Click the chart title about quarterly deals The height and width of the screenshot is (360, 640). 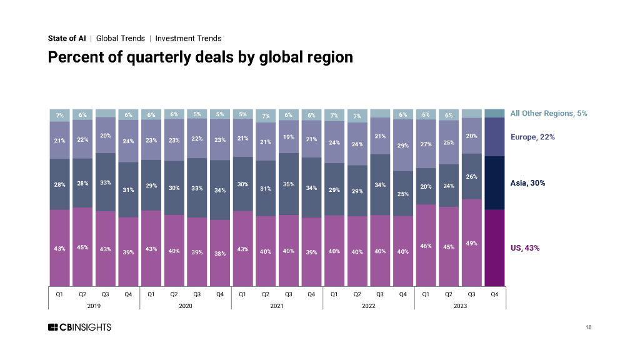201,57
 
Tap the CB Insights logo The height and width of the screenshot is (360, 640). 79,327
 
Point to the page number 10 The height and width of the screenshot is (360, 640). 589,327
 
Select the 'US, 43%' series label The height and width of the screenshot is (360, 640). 525,248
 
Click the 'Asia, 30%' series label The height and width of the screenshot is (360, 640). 528,183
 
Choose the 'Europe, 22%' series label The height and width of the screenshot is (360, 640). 532,137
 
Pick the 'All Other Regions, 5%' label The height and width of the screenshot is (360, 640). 548,113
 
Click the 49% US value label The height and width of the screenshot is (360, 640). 471,243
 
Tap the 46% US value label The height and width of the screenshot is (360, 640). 426,246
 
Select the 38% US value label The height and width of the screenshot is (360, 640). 220,253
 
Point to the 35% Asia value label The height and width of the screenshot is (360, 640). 288,184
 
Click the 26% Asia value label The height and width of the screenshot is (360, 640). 471,177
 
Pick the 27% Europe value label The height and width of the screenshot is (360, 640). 426,143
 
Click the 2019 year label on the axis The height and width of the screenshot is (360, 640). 94,306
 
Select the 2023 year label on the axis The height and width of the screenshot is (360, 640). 460,306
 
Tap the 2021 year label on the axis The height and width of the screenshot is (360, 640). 277,306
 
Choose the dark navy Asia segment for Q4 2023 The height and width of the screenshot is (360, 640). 494,182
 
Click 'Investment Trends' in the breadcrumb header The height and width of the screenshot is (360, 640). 188,38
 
